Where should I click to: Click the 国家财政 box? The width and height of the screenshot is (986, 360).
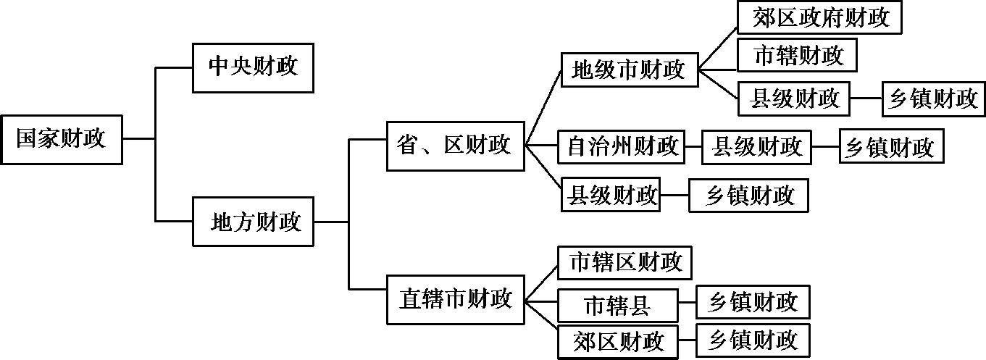click(x=61, y=138)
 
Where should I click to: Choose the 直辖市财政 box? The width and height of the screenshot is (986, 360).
click(x=455, y=298)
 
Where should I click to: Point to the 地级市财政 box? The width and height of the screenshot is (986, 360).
click(x=628, y=70)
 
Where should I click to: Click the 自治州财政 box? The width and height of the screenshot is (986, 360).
click(x=620, y=146)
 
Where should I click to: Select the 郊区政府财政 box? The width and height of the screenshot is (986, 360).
click(x=820, y=17)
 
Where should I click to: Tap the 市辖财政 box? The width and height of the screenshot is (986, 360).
click(x=797, y=55)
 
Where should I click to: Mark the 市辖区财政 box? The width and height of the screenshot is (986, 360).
click(x=624, y=262)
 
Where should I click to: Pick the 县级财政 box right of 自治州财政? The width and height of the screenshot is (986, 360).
click(x=757, y=146)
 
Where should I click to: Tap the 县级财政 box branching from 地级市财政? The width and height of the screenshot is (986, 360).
click(x=793, y=99)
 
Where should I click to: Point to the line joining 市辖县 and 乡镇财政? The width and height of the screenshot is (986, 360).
click(x=687, y=304)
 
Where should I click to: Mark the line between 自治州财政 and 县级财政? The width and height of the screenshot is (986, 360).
click(x=693, y=146)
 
